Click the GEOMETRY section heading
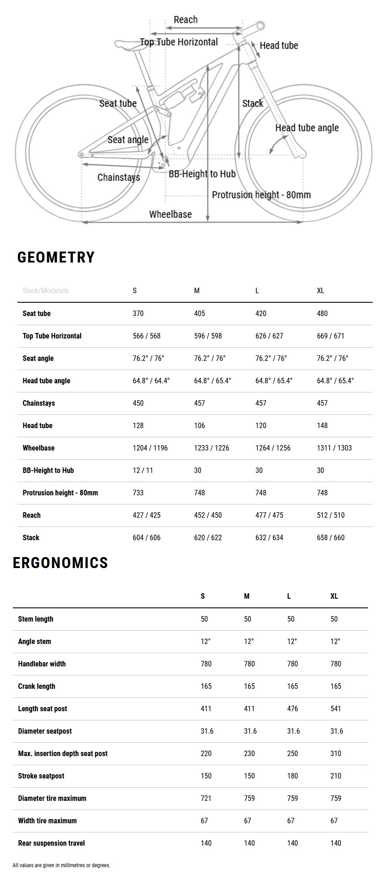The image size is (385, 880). [x=56, y=258]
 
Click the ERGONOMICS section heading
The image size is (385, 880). [x=60, y=563]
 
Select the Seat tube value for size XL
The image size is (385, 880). [x=322, y=313]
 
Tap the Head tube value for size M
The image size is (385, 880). [x=200, y=425]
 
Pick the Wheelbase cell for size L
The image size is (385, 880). [x=273, y=448]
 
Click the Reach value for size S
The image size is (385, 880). [x=146, y=515]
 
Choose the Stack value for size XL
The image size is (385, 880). [x=331, y=537]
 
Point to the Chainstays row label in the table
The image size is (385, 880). [x=39, y=403]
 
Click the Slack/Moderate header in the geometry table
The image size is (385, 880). [x=46, y=290]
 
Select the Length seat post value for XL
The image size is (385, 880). [x=336, y=708]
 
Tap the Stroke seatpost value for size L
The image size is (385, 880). [x=293, y=776]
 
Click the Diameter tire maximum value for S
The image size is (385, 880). [x=206, y=798]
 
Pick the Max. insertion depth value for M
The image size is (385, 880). [x=249, y=753]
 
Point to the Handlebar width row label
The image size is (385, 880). [x=42, y=664]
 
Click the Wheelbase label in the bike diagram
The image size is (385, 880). [x=170, y=214]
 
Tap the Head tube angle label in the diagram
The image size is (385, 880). [x=307, y=128]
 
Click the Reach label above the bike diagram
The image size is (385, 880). [x=185, y=20]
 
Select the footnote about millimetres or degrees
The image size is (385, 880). [x=61, y=865]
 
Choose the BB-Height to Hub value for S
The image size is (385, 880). [x=143, y=470]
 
